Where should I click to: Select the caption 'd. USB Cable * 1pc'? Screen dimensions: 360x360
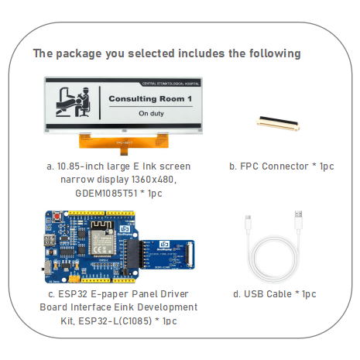[x=274, y=294]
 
